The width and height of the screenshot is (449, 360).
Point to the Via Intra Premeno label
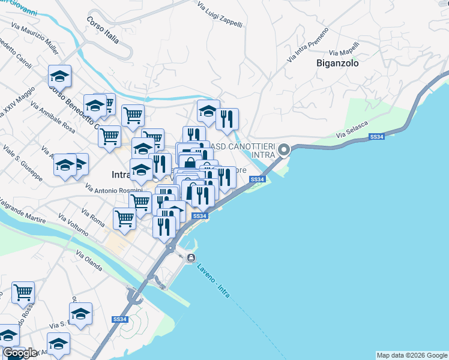coord(308,44)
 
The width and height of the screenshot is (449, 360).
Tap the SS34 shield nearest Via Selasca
coord(376,137)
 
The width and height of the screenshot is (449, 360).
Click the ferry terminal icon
coord(190,258)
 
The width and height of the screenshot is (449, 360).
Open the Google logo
coord(20,353)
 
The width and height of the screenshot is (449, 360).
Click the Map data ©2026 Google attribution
coord(412,355)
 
